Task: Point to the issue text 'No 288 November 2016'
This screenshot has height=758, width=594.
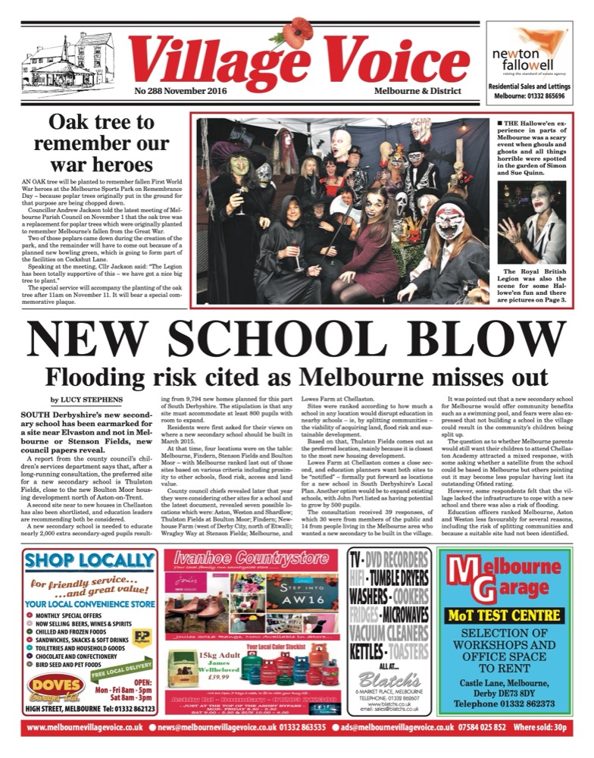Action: tap(174, 91)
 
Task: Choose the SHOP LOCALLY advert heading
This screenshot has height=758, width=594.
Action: tap(89, 561)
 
